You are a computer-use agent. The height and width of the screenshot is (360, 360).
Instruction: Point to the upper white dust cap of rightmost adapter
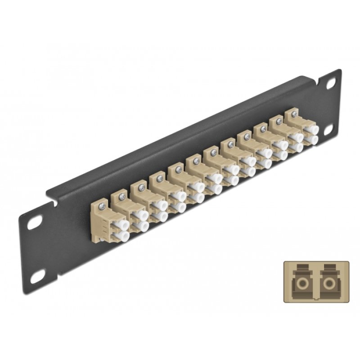point(310,129)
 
